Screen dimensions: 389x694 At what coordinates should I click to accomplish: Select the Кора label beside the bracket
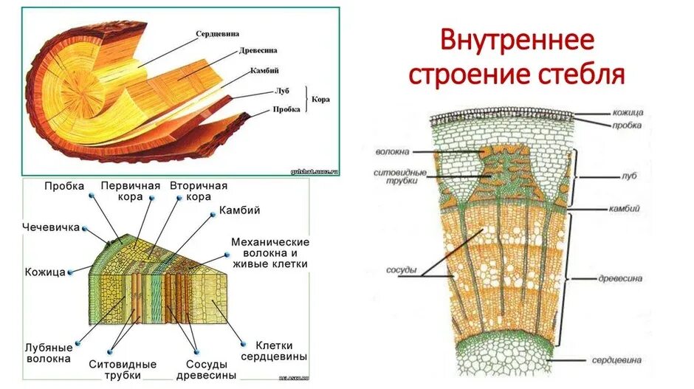point(320,98)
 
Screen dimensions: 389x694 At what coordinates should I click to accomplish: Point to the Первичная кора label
point(131,191)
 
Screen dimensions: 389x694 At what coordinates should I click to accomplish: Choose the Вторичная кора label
point(199,191)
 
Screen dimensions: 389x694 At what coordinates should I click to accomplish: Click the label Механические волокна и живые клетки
point(269,252)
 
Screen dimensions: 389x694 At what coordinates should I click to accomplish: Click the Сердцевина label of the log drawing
point(222,34)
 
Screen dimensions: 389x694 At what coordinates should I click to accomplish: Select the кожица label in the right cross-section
point(628,113)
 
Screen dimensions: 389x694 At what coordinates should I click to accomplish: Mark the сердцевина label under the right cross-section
point(616,360)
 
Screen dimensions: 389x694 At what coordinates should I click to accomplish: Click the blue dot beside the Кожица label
point(71,272)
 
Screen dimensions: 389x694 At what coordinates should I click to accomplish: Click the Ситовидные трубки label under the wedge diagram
point(122,370)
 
